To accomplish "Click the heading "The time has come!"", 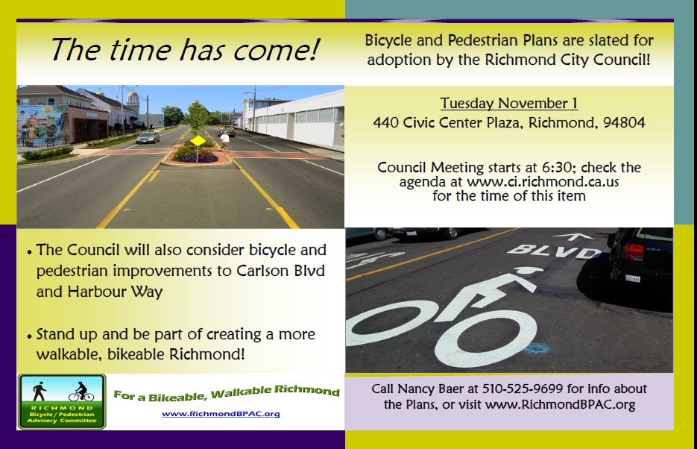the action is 185,49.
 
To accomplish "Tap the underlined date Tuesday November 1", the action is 509,103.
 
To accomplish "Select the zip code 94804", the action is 624,123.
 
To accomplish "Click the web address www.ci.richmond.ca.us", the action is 542,182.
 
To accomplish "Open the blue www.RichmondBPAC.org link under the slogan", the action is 221,414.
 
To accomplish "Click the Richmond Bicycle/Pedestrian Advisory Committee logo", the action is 62,401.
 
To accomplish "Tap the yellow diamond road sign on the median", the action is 198,142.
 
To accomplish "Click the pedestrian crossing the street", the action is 225,141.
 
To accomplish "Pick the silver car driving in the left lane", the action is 148,137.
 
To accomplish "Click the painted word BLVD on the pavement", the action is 555,252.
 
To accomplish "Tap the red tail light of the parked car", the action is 632,253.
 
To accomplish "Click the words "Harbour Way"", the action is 115,292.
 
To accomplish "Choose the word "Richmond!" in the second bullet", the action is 207,354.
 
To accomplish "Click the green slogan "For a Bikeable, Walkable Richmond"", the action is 227,392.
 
